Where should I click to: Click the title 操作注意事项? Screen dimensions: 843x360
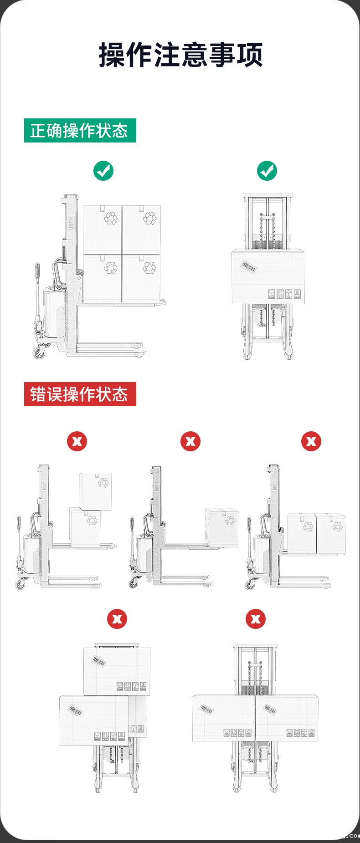point(180,55)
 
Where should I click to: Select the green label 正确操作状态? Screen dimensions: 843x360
point(80,130)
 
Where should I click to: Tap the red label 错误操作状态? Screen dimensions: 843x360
point(80,394)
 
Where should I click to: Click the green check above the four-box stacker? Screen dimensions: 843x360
point(103,171)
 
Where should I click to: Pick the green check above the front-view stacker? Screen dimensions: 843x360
point(267,171)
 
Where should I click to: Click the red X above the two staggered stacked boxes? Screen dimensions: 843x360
point(77,441)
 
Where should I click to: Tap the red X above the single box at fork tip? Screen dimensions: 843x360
point(190,441)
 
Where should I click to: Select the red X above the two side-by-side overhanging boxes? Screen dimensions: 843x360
point(311,441)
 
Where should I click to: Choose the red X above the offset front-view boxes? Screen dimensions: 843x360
point(117,619)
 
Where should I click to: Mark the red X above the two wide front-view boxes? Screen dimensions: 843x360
point(256,619)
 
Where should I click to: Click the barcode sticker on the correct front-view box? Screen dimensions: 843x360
point(249,267)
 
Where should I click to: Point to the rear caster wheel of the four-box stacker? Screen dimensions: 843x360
point(39,351)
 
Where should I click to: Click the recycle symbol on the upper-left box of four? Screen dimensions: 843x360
point(111,218)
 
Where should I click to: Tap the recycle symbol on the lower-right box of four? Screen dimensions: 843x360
point(149,267)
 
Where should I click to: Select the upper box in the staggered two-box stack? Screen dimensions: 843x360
point(96,491)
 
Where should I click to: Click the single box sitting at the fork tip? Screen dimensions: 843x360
point(221,526)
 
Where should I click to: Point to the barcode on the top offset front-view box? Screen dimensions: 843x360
point(98,661)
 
